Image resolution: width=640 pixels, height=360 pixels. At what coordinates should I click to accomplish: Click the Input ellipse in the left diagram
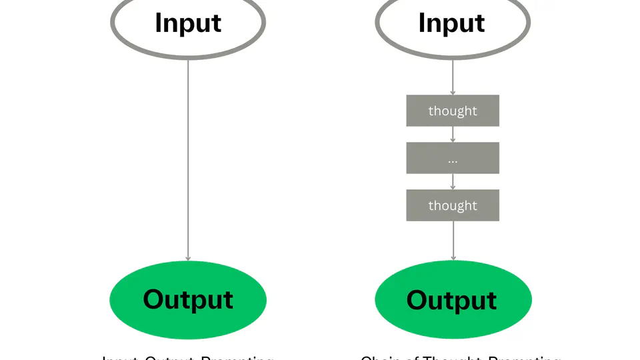click(x=188, y=23)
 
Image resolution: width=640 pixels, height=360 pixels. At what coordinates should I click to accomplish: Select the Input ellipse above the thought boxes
click(x=453, y=23)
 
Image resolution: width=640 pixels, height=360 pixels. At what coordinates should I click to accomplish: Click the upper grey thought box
click(x=453, y=111)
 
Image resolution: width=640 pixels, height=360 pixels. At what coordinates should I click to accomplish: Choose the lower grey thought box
click(x=453, y=205)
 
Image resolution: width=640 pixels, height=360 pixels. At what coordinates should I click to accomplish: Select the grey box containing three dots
click(x=453, y=158)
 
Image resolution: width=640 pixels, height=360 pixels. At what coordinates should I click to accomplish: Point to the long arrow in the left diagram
click(x=188, y=160)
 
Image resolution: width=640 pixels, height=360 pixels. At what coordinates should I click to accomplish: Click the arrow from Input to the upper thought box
click(x=453, y=77)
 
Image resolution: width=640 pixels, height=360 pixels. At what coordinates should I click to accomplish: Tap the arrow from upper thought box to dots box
click(x=453, y=134)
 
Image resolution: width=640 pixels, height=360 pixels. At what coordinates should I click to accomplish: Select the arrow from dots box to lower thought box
click(x=453, y=181)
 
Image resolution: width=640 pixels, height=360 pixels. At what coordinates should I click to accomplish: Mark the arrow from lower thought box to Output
click(x=453, y=240)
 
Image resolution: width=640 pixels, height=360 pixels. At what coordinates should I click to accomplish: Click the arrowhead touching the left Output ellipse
click(x=188, y=257)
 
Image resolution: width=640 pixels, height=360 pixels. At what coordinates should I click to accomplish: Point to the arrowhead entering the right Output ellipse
click(x=453, y=257)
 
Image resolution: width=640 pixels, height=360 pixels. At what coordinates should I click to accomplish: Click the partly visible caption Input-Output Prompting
click(x=188, y=357)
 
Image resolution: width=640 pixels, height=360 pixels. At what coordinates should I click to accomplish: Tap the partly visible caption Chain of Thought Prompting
click(x=460, y=357)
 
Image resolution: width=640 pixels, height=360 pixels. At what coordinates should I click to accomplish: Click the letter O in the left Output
click(x=154, y=299)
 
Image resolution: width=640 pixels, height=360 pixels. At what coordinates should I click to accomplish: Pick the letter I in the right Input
click(x=421, y=23)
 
